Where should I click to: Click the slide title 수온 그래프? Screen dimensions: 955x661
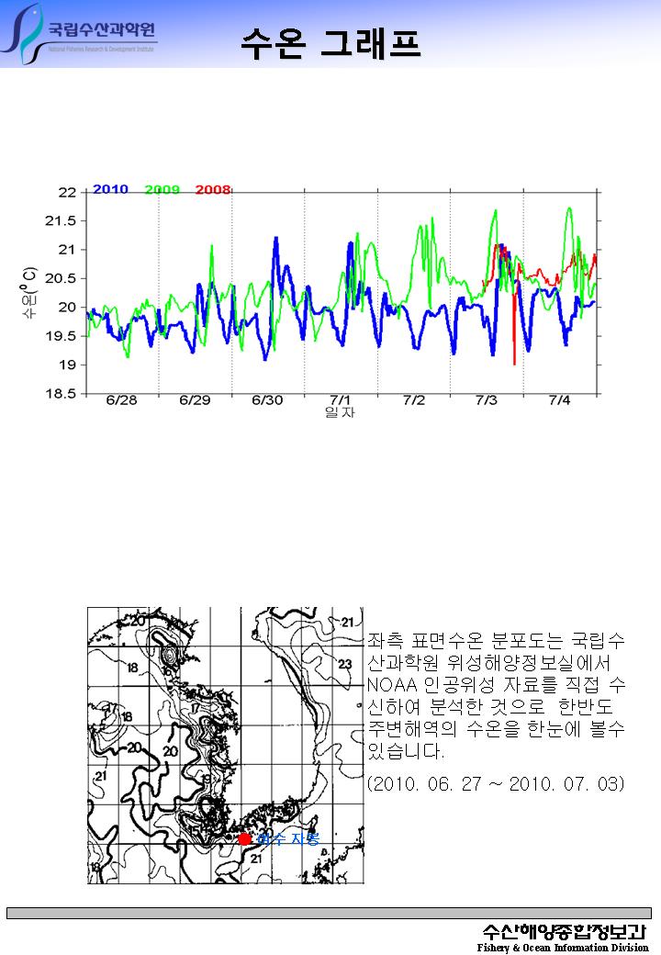coord(330,41)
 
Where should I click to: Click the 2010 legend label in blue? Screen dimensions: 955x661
coord(110,189)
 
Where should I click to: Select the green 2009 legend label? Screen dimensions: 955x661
coord(162,189)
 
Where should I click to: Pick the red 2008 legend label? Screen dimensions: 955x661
coord(213,189)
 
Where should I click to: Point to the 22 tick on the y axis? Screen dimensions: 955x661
coord(67,192)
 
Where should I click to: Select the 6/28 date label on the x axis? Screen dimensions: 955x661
coord(121,401)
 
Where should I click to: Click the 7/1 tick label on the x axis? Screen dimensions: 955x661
coord(341,401)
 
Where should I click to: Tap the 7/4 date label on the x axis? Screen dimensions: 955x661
coord(559,401)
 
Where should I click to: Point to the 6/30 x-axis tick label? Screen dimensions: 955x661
coord(267,401)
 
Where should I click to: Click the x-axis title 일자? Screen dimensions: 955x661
coord(340,413)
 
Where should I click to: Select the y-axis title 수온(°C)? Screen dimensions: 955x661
coord(30,293)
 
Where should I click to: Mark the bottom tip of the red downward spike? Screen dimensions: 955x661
coord(514,365)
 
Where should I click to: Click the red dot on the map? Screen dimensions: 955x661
coord(244,838)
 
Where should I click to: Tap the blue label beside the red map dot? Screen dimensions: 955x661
coord(287,839)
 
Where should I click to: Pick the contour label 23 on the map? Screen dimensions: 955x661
coord(345,664)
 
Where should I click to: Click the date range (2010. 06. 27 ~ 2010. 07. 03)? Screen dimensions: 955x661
coord(496,784)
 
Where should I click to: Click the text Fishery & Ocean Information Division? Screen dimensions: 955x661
coord(562,947)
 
